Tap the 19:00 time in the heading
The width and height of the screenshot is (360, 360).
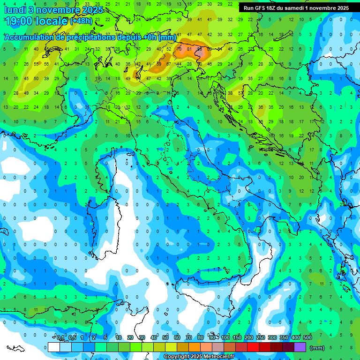(21, 22)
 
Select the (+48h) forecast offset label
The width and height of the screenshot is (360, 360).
(81, 22)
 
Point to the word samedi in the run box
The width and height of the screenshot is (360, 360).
(295, 8)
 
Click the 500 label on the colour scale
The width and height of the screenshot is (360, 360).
(307, 337)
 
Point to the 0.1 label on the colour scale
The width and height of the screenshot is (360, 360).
(60, 337)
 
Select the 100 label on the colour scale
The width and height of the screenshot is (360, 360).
(225, 337)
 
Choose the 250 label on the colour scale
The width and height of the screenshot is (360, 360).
(261, 337)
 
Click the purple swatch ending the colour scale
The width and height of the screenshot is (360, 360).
(300, 347)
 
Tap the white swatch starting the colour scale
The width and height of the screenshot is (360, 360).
(54, 347)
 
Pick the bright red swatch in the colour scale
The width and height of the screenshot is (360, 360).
(253, 347)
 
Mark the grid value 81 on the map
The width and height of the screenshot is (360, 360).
(189, 49)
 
